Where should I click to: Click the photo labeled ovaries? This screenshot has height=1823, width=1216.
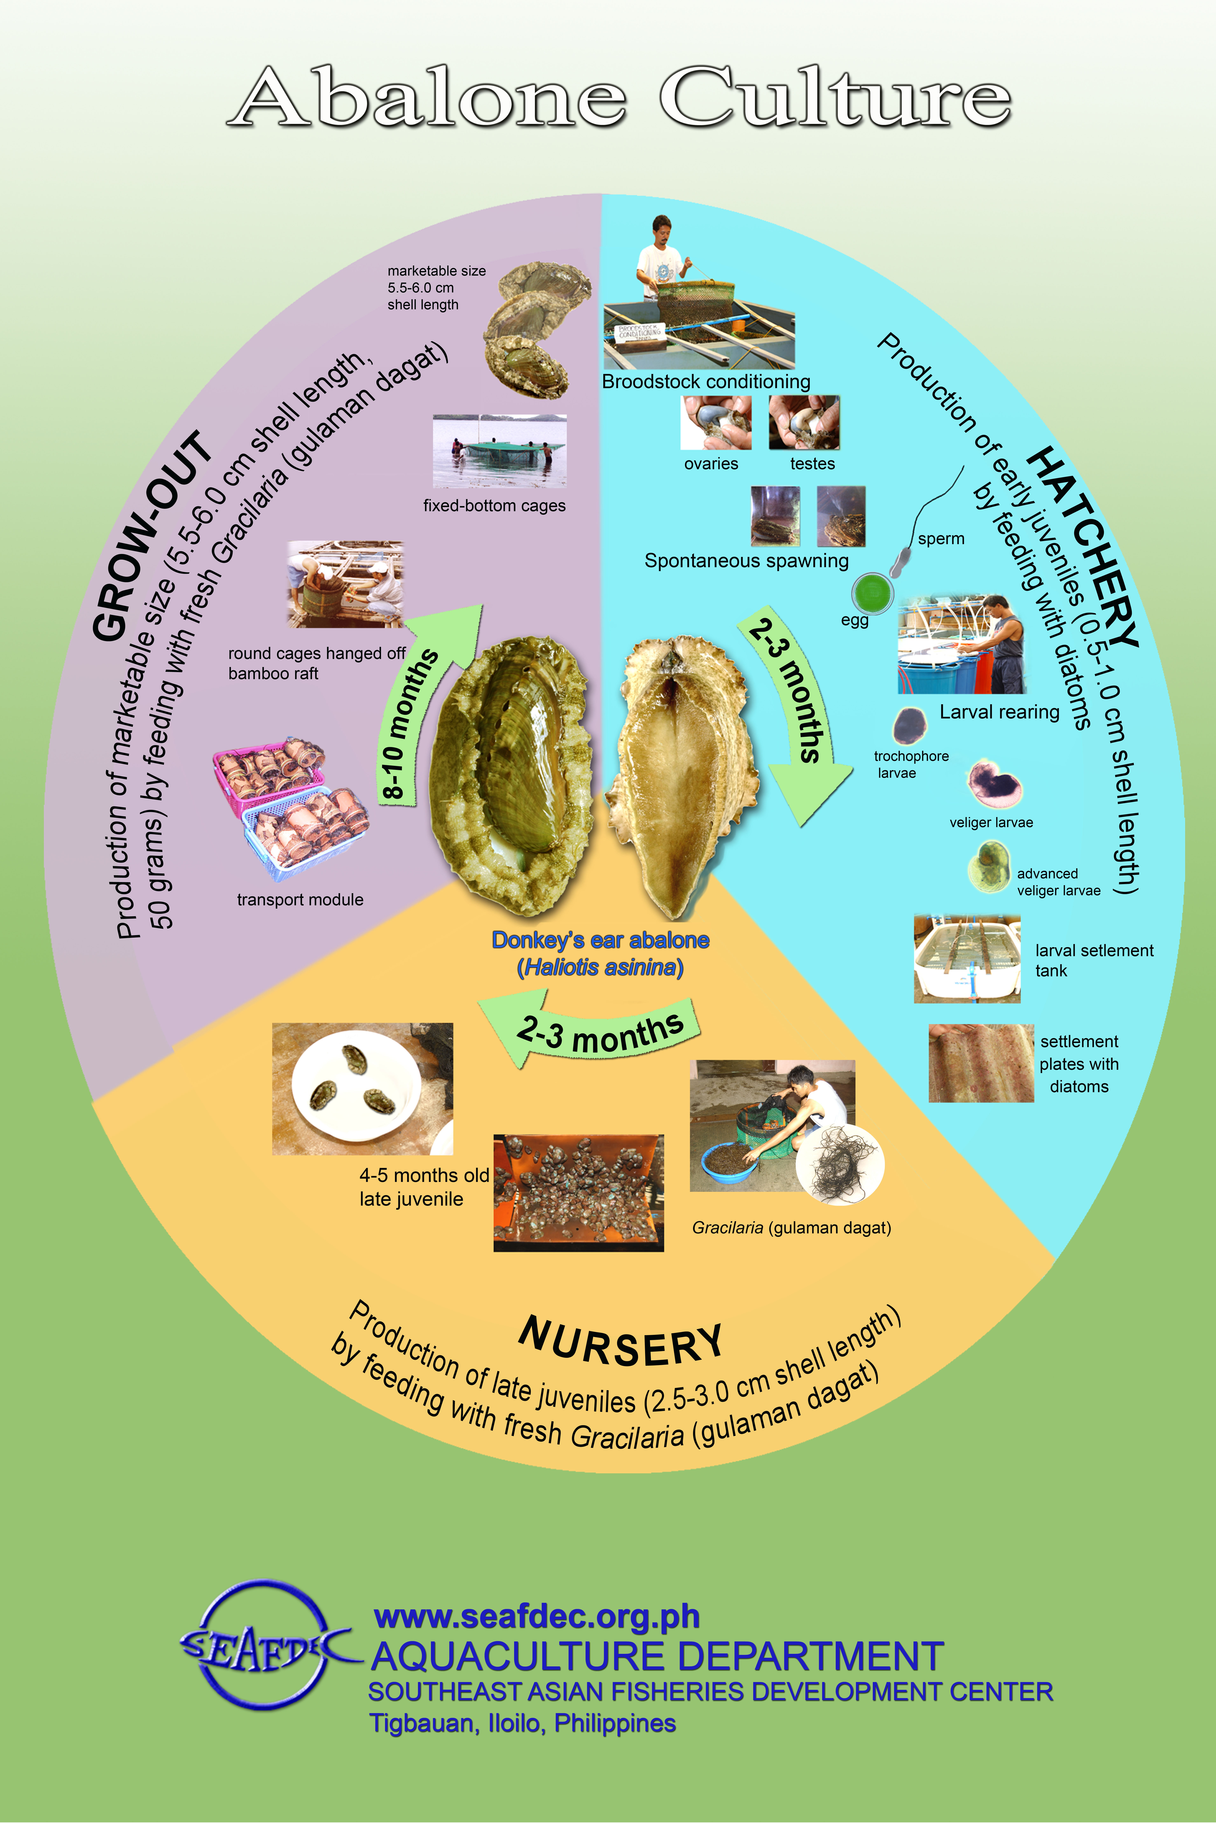[x=716, y=423]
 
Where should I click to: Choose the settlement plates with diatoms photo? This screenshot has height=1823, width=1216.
[x=981, y=1063]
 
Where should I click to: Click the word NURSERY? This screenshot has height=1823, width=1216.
[x=620, y=1343]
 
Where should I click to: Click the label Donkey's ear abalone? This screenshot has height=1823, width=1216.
[x=600, y=940]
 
